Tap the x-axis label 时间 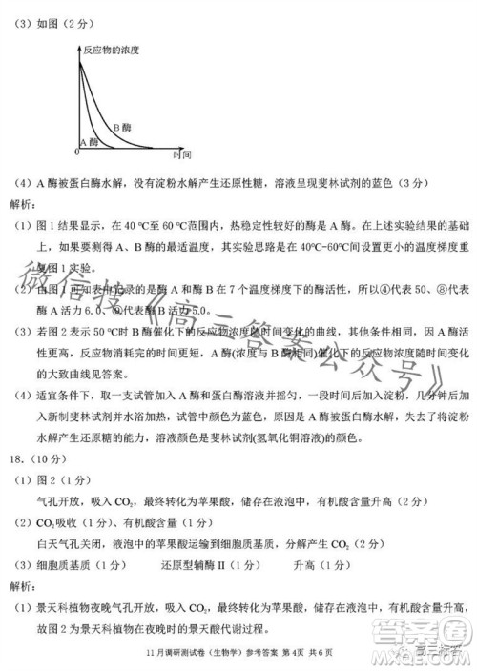182,153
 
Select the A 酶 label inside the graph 89,141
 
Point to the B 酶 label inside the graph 122,127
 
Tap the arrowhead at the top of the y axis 78,43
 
